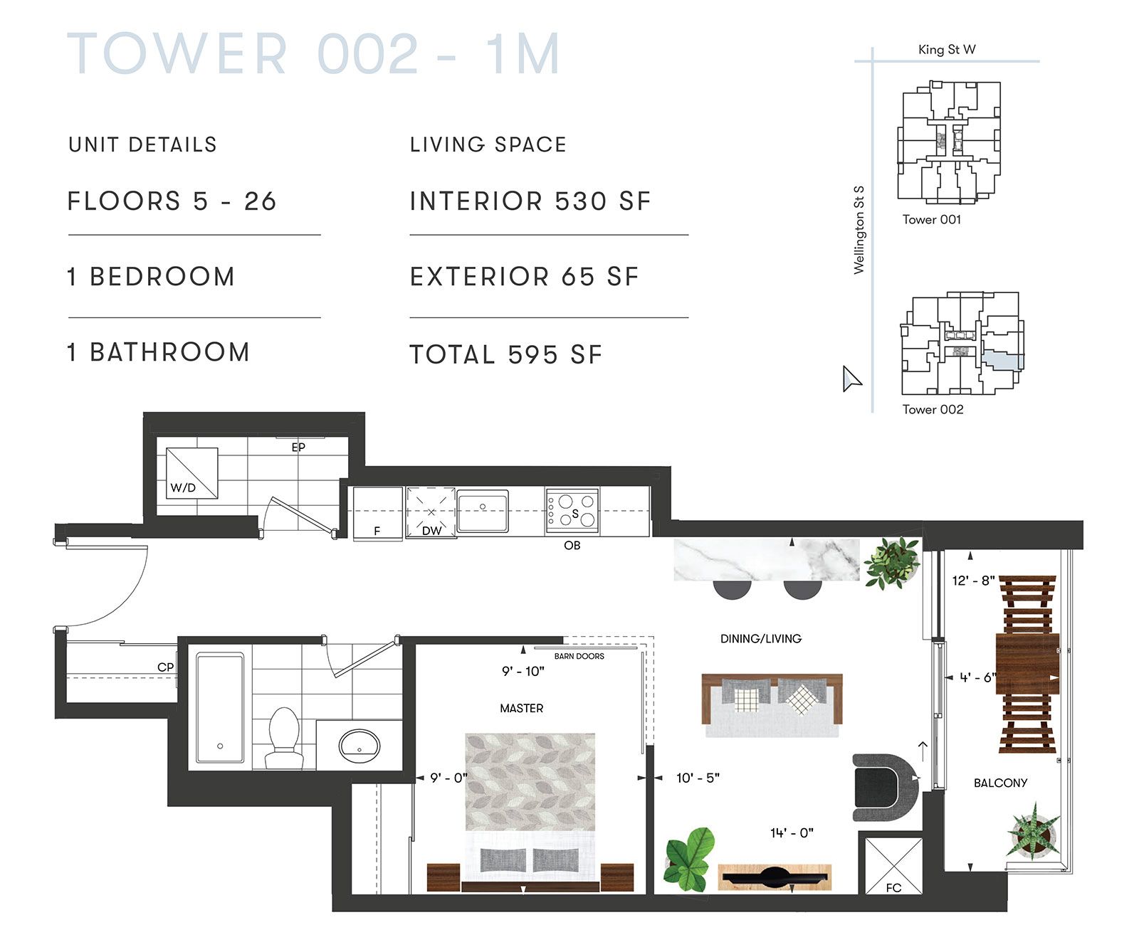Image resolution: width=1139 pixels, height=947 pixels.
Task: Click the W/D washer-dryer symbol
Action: (191, 472)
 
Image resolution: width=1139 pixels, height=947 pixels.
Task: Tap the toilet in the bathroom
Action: (284, 737)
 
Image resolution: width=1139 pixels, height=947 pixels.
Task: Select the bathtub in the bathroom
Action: (220, 708)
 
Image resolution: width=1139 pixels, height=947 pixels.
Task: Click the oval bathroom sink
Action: (359, 744)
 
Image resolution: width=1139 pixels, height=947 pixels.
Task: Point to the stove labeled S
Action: (572, 510)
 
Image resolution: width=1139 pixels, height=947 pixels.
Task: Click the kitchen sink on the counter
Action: (482, 510)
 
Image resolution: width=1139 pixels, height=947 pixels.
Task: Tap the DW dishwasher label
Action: (431, 531)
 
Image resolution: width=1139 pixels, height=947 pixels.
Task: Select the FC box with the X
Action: (893, 865)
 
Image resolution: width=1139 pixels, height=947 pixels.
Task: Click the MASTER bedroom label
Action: (521, 708)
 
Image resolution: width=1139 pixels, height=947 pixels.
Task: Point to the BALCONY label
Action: (1000, 783)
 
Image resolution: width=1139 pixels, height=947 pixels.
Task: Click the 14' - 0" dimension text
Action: (792, 832)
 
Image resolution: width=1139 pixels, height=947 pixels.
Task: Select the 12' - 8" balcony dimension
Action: (973, 581)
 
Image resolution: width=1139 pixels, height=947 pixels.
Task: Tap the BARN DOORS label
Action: (579, 656)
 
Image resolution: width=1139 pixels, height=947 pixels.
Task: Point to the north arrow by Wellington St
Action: (851, 379)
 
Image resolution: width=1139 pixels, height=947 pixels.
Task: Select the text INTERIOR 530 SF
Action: (530, 201)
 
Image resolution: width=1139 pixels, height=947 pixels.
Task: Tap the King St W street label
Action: (947, 49)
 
